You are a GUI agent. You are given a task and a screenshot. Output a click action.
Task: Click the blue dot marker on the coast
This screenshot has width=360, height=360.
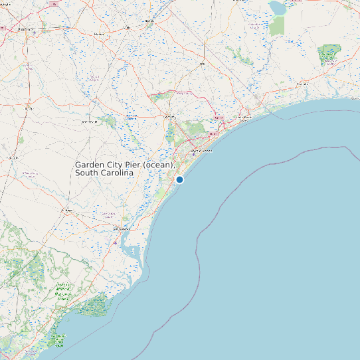pyautogui.click(x=179, y=179)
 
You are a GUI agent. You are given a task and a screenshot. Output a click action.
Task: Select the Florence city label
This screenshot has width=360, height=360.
pyautogui.click(x=27, y=29)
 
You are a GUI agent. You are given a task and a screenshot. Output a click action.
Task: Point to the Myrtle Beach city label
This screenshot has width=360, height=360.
pyautogui.click(x=200, y=151)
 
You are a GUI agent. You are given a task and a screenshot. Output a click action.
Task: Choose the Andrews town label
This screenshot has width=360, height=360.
pyautogui.click(x=66, y=211)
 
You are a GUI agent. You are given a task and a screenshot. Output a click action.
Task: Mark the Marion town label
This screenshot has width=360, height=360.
pyautogui.click(x=100, y=33)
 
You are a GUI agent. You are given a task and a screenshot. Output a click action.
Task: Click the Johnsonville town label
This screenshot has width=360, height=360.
pyautogui.click(x=89, y=122)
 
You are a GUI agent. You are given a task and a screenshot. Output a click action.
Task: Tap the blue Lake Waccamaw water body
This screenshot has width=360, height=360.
pyautogui.click(x=276, y=7)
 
